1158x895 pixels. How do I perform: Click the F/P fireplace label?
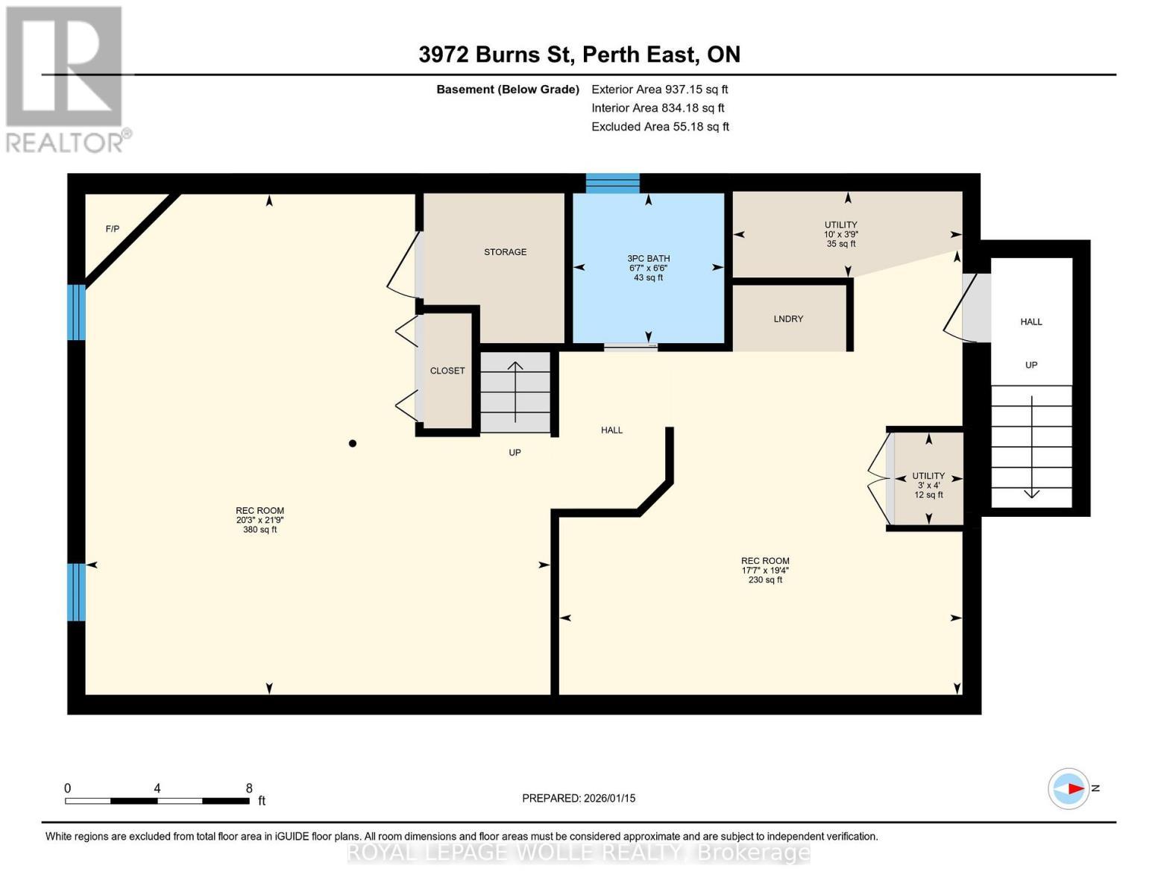pos(113,229)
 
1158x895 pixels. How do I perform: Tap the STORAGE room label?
pos(505,252)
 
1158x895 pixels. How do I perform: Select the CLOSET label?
pos(447,371)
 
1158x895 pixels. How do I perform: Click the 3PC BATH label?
pos(648,259)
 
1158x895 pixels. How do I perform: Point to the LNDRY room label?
pos(788,319)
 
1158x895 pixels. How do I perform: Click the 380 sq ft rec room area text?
pos(259,530)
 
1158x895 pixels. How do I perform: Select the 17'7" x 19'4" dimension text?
pos(765,571)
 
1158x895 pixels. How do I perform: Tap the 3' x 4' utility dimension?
pos(928,486)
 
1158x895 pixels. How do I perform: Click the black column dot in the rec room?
pos(353,444)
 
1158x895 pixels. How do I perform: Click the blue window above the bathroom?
pos(612,183)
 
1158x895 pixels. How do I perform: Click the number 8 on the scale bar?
pos(249,788)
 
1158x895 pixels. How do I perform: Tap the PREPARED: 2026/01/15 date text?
pos(579,799)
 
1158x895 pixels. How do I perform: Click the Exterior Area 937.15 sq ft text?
pos(659,89)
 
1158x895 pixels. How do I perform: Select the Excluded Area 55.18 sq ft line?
pos(660,127)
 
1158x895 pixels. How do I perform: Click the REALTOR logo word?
pos(66,142)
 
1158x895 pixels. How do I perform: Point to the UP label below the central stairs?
pos(515,453)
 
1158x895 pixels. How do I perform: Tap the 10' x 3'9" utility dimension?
pos(840,234)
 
